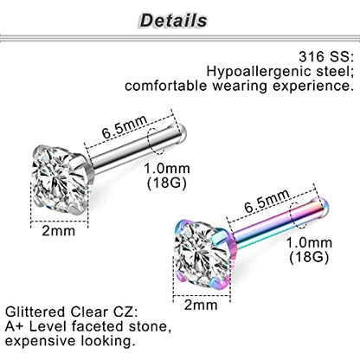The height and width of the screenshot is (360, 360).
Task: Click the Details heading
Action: coord(173,21)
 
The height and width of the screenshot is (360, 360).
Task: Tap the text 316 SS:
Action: coord(326,56)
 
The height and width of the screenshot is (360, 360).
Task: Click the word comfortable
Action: coord(167,86)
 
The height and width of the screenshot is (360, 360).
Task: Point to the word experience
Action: coord(313,87)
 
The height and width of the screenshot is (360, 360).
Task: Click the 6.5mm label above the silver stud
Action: coord(125,125)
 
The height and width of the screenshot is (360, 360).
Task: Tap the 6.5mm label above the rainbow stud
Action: coord(267,200)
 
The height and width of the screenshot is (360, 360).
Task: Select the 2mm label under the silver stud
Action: coord(59,231)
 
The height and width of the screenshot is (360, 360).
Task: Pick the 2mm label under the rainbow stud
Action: coord(201,305)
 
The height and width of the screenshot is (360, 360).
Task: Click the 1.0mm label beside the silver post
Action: coord(167,168)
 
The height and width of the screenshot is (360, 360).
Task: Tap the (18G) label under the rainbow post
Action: coord(309,257)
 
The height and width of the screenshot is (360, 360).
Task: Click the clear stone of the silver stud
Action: coord(60,178)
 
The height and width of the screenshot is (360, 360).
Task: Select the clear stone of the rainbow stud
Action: coord(202,254)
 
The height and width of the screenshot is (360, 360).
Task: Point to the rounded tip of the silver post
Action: coord(181,133)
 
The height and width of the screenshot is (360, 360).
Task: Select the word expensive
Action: coord(40,341)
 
